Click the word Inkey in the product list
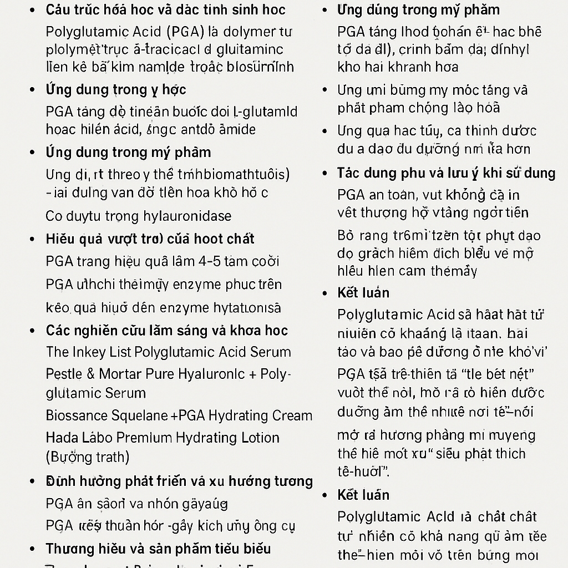90,352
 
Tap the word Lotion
260,437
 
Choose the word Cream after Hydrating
292,415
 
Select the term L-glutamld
266,111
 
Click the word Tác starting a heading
348,173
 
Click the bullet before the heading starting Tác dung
326,173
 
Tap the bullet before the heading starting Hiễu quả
33,239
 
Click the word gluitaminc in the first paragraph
246,49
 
